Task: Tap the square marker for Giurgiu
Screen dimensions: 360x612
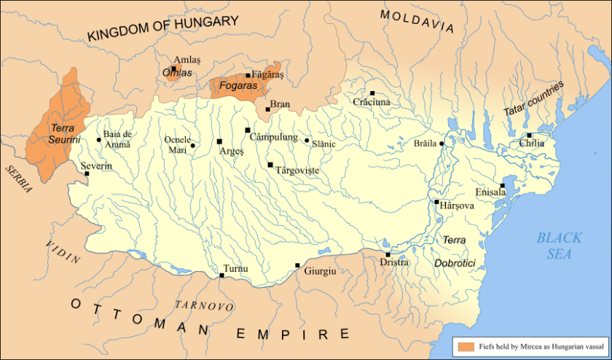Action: point(297,266)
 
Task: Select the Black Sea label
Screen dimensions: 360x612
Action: point(559,245)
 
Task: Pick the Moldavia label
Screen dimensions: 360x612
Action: point(417,21)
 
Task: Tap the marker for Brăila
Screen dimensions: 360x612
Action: point(442,144)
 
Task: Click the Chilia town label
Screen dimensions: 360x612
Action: point(532,144)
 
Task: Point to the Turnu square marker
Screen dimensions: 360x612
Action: point(222,275)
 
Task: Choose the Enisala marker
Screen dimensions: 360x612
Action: point(502,185)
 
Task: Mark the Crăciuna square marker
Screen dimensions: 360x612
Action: point(372,93)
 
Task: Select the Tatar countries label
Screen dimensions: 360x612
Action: point(533,98)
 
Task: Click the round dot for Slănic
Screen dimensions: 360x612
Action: point(307,141)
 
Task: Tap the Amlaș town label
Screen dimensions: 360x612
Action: point(184,60)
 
